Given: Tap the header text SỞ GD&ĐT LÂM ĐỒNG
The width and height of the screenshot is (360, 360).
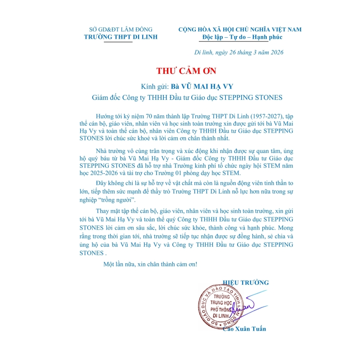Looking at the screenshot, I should coord(121,30).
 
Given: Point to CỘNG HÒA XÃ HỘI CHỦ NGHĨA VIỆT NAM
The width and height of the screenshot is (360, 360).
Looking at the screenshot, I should coord(240,30).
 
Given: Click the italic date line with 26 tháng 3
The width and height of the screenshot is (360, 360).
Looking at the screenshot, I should coord(238,53).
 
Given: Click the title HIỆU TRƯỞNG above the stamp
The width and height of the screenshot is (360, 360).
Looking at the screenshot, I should coord(246,283).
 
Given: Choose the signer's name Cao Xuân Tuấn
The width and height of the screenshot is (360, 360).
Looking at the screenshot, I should coord(244,329).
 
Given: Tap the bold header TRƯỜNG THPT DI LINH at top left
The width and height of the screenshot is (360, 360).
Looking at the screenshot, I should coord(121,37).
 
